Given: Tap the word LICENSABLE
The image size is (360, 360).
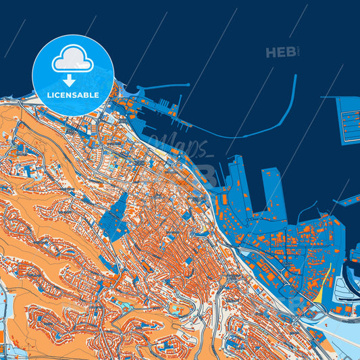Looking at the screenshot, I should click(73, 95).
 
